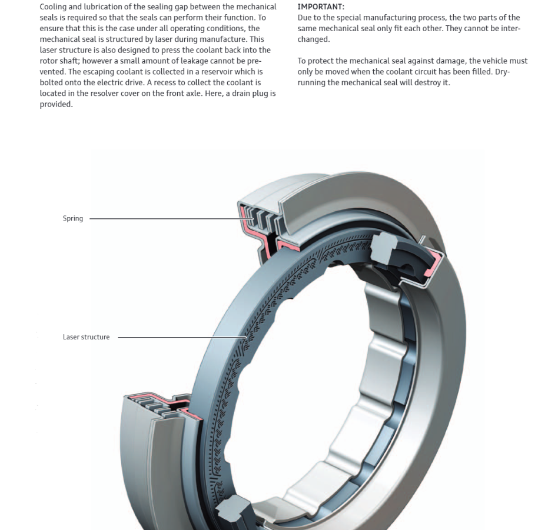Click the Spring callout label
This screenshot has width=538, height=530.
point(72,218)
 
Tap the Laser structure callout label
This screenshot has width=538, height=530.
point(86,337)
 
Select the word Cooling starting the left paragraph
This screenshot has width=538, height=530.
point(54,7)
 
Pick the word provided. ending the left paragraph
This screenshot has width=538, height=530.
point(56,104)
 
